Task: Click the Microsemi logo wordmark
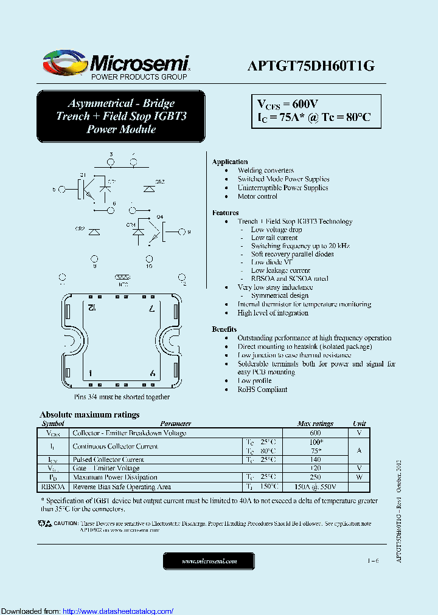point(140,63)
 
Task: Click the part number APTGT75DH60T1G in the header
point(310,67)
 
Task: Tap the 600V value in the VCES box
point(302,104)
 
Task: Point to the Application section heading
point(230,162)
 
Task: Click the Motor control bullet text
point(257,196)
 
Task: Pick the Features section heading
point(225,213)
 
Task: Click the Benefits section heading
point(224,329)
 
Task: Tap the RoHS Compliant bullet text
point(262,390)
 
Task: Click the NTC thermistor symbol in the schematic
point(123,277)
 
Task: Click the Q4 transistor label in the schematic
point(160,217)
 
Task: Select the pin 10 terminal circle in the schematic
point(149,258)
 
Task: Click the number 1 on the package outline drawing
point(91,373)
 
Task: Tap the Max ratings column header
point(315,424)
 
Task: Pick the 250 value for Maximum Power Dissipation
point(315,477)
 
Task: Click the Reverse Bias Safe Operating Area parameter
point(122,487)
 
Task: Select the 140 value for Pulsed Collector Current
point(315,459)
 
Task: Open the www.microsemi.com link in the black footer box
point(209,561)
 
